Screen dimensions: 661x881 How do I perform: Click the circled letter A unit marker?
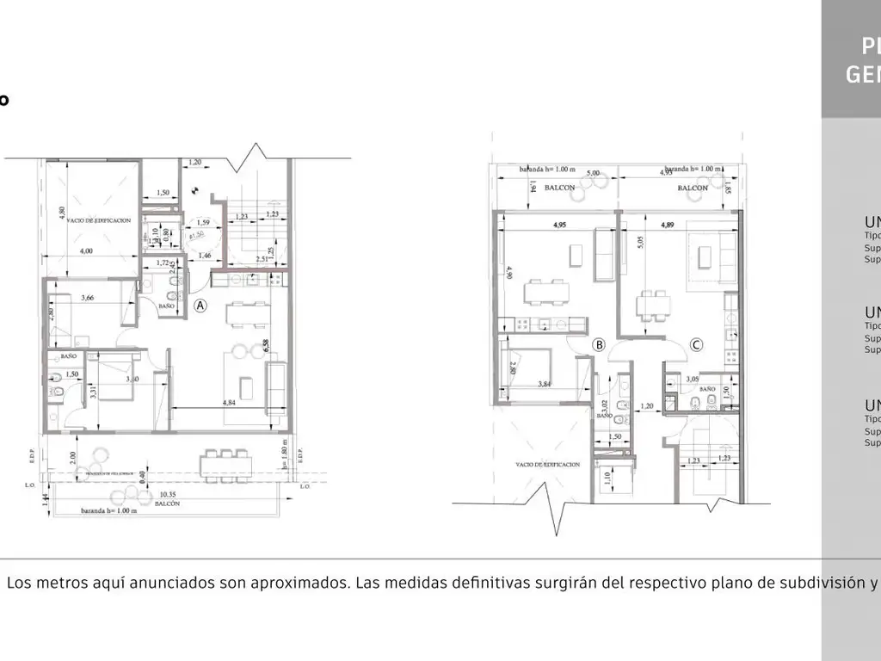(x=200, y=305)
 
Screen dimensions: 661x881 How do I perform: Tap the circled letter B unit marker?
(x=600, y=345)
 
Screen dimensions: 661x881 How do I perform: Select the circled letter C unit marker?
(x=697, y=345)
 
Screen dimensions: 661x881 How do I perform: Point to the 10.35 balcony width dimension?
(x=168, y=496)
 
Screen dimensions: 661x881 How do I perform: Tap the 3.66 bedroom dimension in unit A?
(x=88, y=299)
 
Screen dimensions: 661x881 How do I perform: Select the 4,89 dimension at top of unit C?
(x=668, y=225)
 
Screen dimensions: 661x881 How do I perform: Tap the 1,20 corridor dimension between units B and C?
(x=648, y=405)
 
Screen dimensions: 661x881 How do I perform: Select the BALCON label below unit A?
(x=168, y=504)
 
